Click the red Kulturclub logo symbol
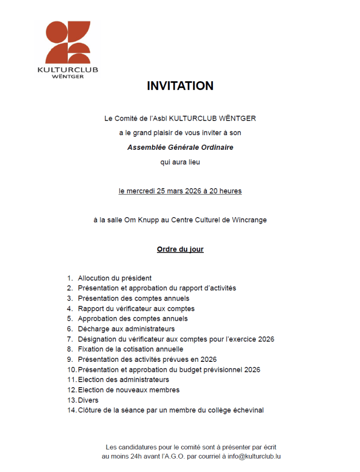point(68,42)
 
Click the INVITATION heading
point(180,86)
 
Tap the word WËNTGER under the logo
point(68,77)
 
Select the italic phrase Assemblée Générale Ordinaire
point(180,147)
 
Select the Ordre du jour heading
point(180,249)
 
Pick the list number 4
point(70,309)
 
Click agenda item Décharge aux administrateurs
point(126,329)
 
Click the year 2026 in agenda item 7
point(266,339)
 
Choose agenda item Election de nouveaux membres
point(129,390)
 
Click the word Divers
point(88,400)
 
